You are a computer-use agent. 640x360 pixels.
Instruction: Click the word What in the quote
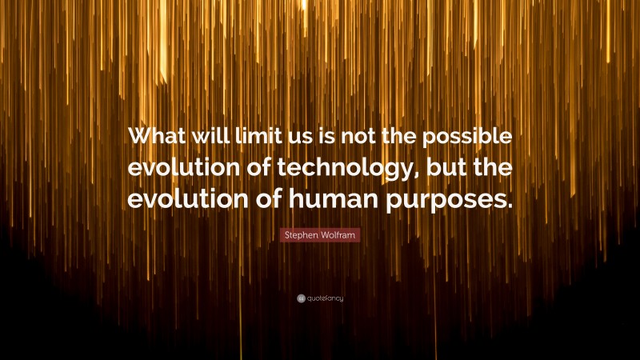pyautogui.click(x=163, y=137)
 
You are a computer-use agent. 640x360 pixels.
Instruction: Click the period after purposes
pyautogui.click(x=506, y=205)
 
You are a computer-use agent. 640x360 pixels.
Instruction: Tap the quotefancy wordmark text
pyautogui.click(x=325, y=298)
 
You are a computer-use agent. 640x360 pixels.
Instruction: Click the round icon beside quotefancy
pyautogui.click(x=301, y=298)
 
